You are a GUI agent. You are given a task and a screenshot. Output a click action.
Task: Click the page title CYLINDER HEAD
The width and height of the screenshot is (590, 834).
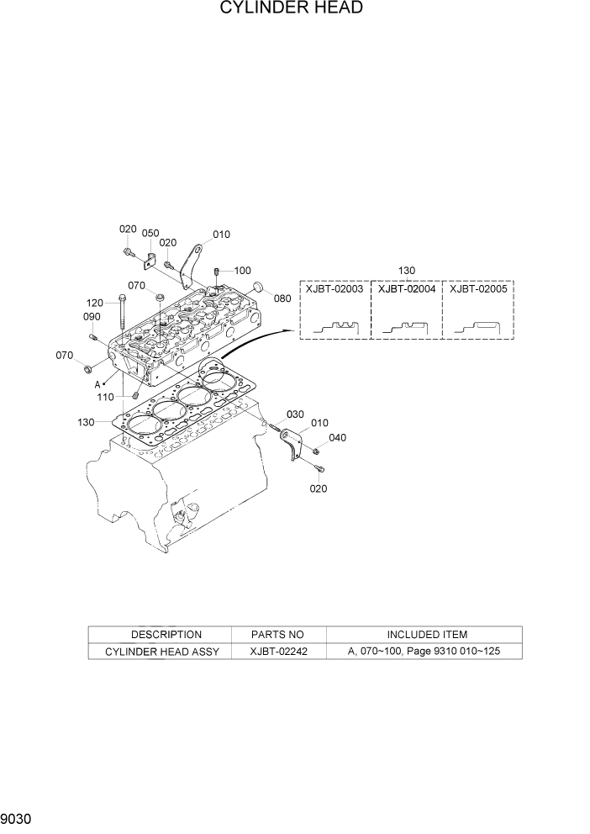292,8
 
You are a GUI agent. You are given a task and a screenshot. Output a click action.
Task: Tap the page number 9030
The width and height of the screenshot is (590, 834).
18,819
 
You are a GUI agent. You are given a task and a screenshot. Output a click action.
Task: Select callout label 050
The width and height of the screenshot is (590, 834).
150,233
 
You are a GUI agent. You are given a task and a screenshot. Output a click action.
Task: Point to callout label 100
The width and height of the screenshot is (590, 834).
242,271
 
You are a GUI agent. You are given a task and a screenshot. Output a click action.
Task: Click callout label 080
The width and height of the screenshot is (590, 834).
282,298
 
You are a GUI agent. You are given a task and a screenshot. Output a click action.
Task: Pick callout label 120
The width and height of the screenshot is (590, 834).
95,303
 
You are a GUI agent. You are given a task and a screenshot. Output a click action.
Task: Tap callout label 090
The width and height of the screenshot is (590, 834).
91,317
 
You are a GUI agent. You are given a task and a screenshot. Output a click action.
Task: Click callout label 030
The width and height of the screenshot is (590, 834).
294,414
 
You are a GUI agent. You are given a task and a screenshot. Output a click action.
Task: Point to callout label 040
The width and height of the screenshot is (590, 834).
337,437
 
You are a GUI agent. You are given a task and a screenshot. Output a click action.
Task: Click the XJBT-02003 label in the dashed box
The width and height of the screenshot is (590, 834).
335,289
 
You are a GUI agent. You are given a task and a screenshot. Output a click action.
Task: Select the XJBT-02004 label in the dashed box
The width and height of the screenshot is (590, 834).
407,289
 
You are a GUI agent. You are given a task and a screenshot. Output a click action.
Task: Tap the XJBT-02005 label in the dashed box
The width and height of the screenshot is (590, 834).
478,289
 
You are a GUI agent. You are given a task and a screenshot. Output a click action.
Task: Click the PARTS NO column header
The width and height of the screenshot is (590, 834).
277,635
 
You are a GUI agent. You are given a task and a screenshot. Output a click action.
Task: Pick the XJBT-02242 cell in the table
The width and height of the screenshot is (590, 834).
277,652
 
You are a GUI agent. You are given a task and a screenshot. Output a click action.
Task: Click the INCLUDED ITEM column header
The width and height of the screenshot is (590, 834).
427,635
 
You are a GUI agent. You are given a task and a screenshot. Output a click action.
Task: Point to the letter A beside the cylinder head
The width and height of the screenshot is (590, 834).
98,383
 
